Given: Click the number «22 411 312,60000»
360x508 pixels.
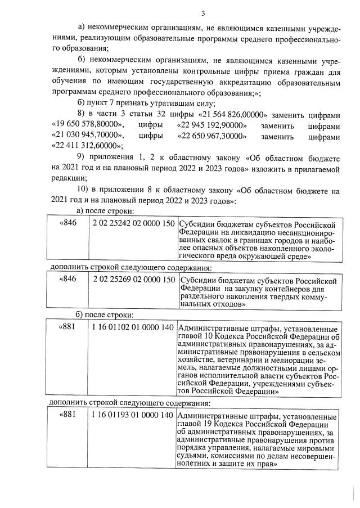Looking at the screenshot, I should point(85,146).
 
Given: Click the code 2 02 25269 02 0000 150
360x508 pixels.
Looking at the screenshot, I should point(134,279).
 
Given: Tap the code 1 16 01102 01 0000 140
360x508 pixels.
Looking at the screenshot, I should point(132,327).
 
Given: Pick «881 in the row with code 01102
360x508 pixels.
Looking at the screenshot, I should point(67,327).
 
